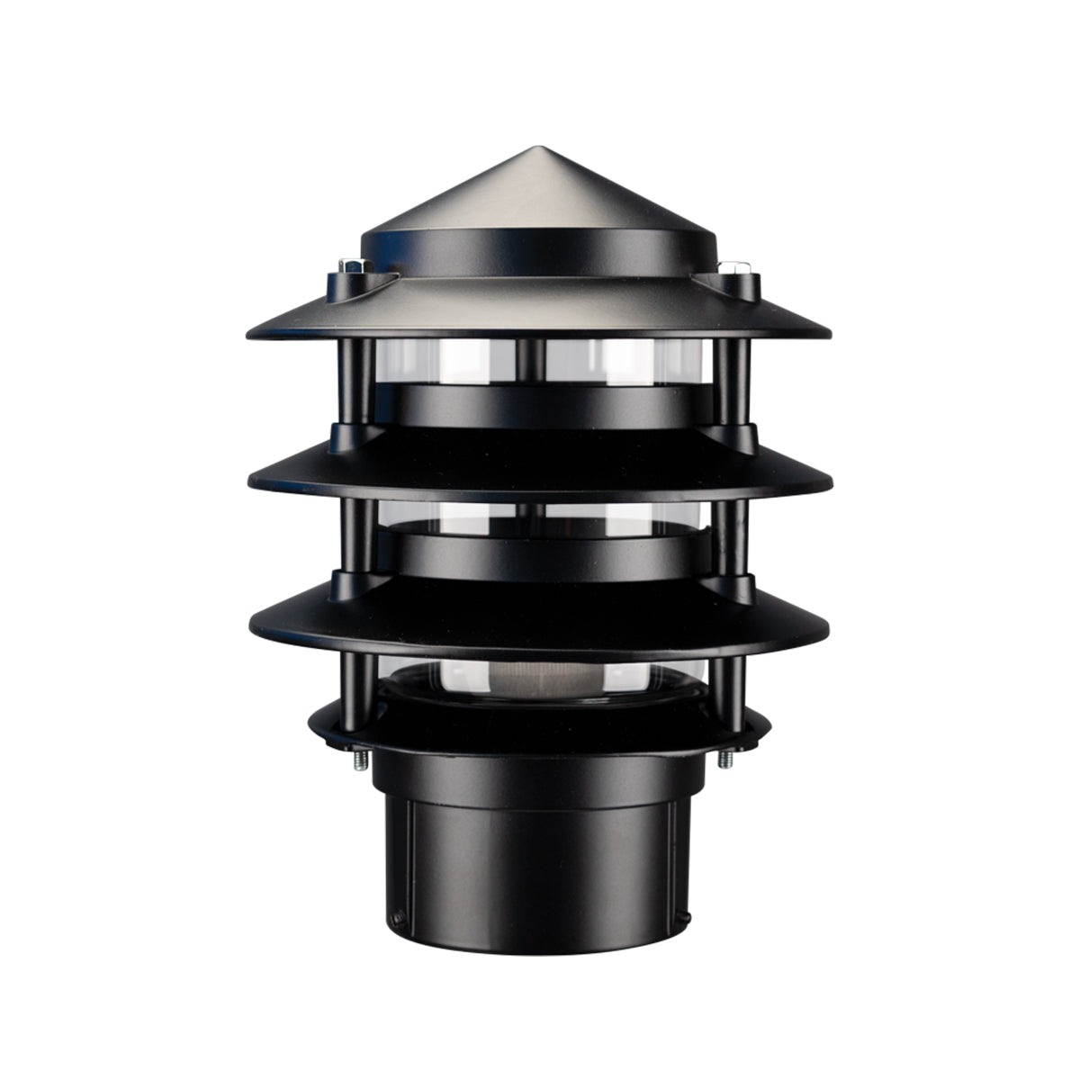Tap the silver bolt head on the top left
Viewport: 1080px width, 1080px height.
[x=350, y=265]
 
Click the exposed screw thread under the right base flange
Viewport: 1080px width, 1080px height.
[x=724, y=758]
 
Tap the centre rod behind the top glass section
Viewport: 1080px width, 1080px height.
[x=532, y=360]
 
